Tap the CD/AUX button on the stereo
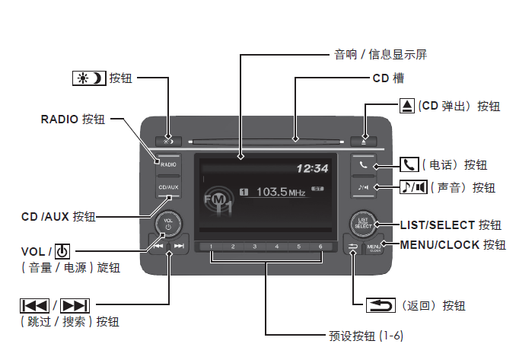[x=168, y=186]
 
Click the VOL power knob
[x=168, y=224]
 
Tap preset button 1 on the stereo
[x=212, y=247]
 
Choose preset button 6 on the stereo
[x=320, y=247]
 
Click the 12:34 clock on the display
[x=312, y=168]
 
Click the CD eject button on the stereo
[x=364, y=141]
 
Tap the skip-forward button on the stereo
[x=179, y=246]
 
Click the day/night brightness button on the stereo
[x=168, y=141]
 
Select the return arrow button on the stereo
[x=352, y=247]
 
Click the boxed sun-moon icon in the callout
[x=91, y=78]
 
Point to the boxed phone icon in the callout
[x=409, y=164]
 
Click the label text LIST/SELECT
[x=438, y=225]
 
